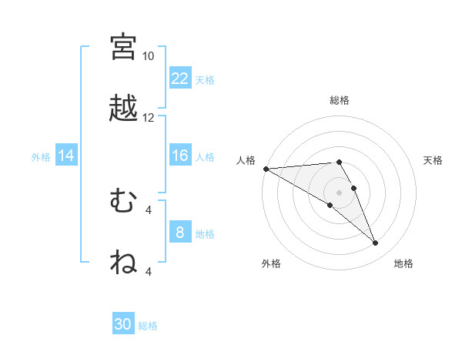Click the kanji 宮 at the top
pyautogui.click(x=123, y=46)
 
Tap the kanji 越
pyautogui.click(x=123, y=109)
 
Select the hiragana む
pyautogui.click(x=123, y=202)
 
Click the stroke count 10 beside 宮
pyautogui.click(x=149, y=56)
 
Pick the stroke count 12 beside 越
pyautogui.click(x=149, y=118)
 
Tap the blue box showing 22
pyautogui.click(x=180, y=79)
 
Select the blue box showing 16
pyautogui.click(x=180, y=156)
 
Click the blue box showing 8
pyautogui.click(x=180, y=233)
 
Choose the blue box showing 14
pyautogui.click(x=66, y=156)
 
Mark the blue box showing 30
pyautogui.click(x=123, y=324)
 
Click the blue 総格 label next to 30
pyautogui.click(x=148, y=326)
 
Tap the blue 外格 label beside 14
pyautogui.click(x=41, y=157)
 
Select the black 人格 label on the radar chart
pyautogui.click(x=245, y=160)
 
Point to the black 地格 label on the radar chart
pyautogui.click(x=403, y=263)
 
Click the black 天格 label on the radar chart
pyautogui.click(x=433, y=160)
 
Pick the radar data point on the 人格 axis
pyautogui.click(x=266, y=169)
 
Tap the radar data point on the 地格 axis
pyautogui.click(x=375, y=243)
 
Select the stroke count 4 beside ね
pyautogui.click(x=149, y=272)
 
